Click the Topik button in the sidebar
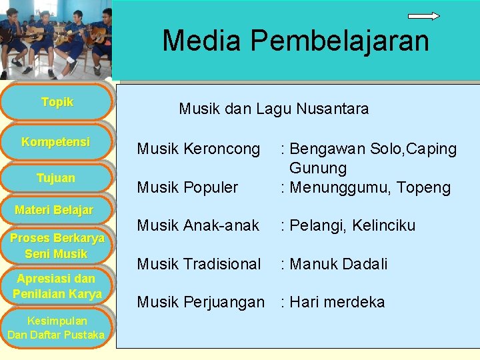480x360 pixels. pyautogui.click(x=57, y=103)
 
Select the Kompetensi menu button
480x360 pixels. pyautogui.click(x=56, y=142)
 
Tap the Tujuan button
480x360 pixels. pyautogui.click(x=56, y=178)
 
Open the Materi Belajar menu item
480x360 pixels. pyautogui.click(x=54, y=211)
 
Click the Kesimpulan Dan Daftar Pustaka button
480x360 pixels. pyautogui.click(x=56, y=328)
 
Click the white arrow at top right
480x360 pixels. pyautogui.click(x=423, y=16)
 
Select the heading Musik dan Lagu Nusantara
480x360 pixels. pyautogui.click(x=273, y=109)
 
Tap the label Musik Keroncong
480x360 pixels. pyautogui.click(x=199, y=149)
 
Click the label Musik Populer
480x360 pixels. pyautogui.click(x=187, y=187)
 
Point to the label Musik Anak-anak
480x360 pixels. pyautogui.click(x=198, y=225)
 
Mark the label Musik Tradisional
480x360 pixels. pyautogui.click(x=199, y=264)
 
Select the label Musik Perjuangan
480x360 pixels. pyautogui.click(x=201, y=302)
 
